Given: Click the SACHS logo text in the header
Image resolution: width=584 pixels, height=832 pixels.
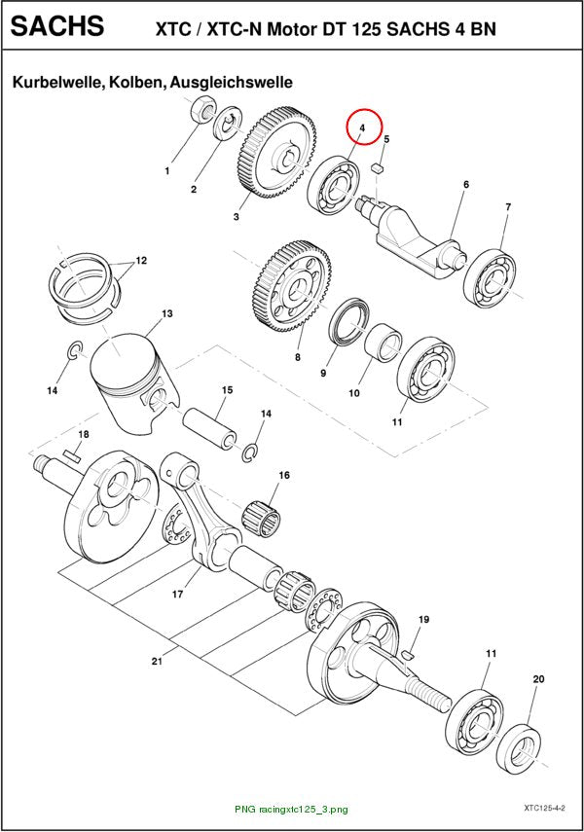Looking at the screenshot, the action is tap(57, 25).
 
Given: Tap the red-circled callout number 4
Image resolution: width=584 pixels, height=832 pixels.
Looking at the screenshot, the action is tap(362, 128).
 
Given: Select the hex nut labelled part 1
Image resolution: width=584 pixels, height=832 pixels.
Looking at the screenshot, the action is tap(202, 109).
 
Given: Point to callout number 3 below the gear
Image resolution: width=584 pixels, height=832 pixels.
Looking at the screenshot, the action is tap(237, 216).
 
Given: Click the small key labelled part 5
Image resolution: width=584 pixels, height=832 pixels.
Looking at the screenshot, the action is tap(379, 167).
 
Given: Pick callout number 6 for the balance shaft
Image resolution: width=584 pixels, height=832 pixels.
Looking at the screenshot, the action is tap(466, 185).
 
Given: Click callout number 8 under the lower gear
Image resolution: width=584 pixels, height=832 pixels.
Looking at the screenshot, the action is tap(297, 358).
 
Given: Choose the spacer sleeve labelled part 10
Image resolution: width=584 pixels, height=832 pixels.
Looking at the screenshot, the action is tap(383, 343).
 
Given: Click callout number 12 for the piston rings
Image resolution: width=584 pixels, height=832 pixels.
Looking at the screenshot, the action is tap(141, 261).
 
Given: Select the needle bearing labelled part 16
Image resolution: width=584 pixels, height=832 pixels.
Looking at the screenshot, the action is tap(262, 518).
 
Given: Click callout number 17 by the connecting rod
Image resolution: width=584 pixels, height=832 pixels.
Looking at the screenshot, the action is tap(177, 595).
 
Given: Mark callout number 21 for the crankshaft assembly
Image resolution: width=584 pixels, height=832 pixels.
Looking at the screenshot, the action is tap(156, 661).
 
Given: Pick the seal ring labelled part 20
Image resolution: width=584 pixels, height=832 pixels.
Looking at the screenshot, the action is tap(520, 747).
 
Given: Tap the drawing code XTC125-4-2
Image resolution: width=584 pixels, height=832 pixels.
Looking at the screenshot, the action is tap(544, 808).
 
